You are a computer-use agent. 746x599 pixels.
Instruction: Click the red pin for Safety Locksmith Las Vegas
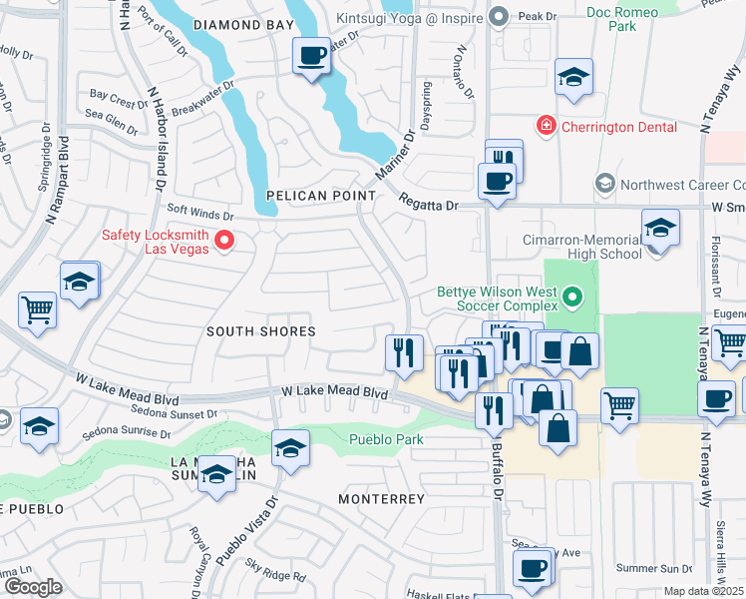[x=225, y=240]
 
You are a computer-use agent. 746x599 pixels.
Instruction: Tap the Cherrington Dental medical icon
[x=546, y=126]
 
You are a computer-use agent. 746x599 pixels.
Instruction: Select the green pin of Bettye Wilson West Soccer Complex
[x=572, y=297]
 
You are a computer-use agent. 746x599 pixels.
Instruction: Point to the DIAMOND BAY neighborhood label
[x=244, y=24]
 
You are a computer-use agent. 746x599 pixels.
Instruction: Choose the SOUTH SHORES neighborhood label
[x=261, y=330]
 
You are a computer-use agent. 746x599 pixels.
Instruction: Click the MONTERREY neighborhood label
[x=381, y=498]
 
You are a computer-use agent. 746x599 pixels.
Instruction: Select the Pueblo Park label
[x=386, y=439]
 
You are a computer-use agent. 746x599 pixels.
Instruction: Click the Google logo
[x=33, y=587]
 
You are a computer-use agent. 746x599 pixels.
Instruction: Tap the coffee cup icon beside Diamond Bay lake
[x=312, y=54]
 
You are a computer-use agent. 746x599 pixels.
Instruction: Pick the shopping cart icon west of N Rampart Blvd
[x=37, y=309]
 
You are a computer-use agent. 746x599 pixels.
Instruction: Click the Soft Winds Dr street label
[x=199, y=213]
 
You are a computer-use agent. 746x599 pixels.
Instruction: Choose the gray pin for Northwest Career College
[x=604, y=184]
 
